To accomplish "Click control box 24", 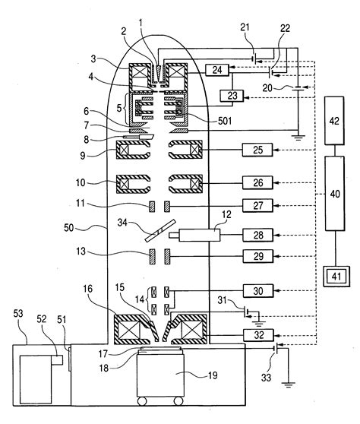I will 216,70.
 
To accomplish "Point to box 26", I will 257,182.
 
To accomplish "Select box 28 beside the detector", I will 257,235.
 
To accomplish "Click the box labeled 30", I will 257,290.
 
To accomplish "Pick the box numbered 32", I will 257,334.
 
